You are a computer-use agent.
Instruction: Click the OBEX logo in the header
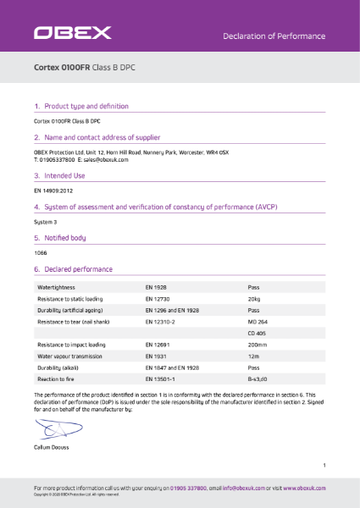72,34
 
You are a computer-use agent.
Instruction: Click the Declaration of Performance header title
274,36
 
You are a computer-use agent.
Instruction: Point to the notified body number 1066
40,253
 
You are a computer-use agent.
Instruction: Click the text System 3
44,222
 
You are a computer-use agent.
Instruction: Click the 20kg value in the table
253,300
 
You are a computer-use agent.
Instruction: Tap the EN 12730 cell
158,300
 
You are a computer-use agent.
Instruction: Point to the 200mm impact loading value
257,345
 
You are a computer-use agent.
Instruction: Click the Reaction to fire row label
61,380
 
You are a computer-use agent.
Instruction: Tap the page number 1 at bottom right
324,466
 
